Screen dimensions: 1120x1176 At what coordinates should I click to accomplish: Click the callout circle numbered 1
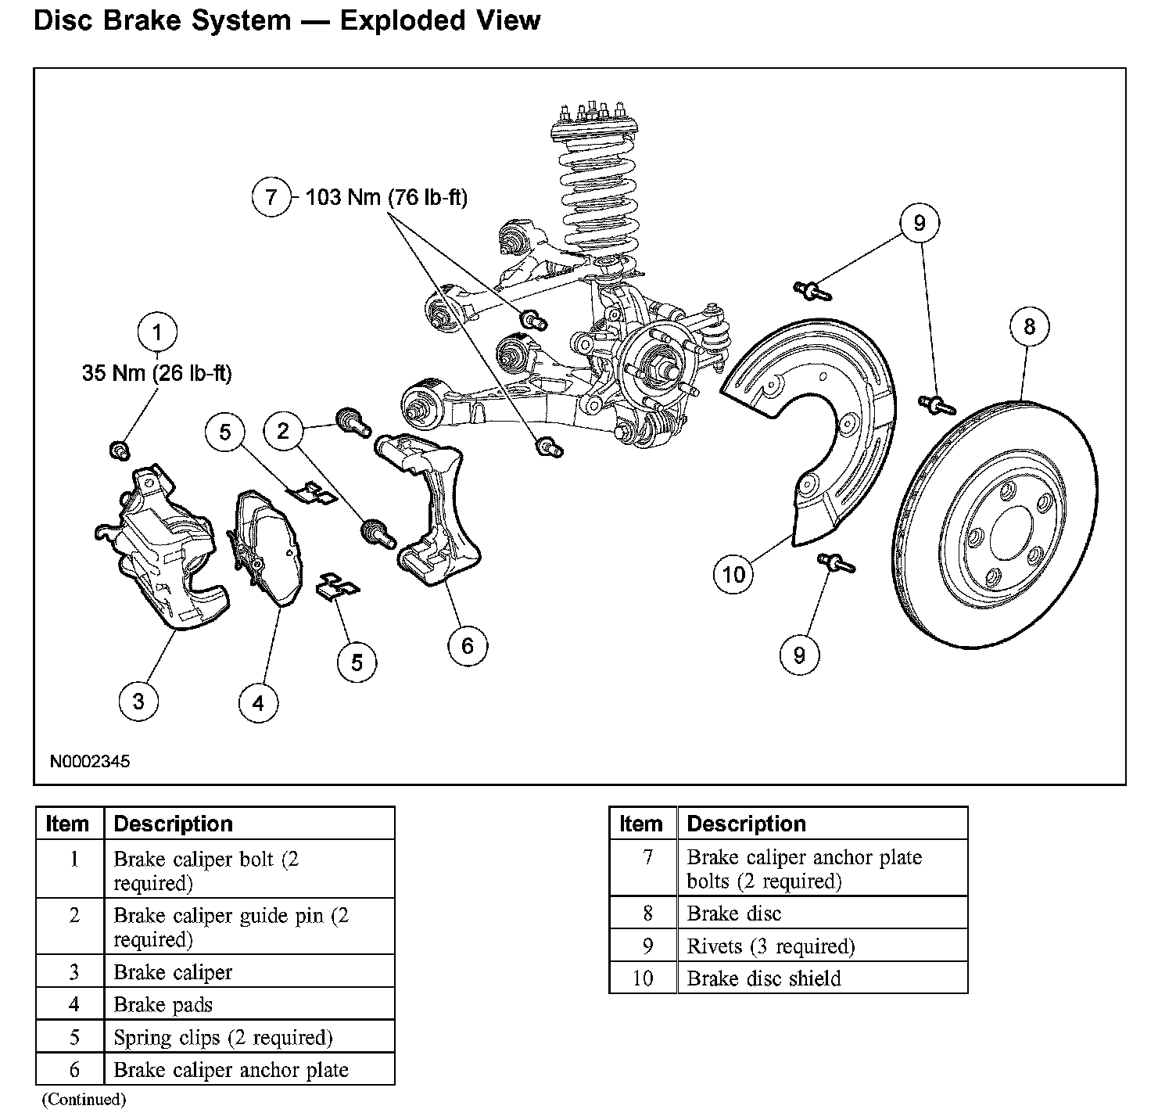pos(157,333)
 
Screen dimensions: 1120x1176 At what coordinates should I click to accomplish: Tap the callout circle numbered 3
pos(138,700)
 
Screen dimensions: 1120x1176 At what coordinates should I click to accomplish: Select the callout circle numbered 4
pos(258,703)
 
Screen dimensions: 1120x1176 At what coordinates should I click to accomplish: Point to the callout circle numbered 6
pos(468,645)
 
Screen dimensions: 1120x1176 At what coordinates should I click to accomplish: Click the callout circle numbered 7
pos(271,196)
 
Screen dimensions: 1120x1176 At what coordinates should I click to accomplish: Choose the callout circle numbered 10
pos(733,575)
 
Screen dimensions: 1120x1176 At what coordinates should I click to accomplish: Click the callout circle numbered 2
pos(283,430)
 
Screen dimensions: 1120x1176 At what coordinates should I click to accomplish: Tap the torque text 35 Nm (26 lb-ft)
pos(157,373)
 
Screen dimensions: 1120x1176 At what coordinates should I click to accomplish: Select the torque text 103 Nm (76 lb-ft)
pos(386,197)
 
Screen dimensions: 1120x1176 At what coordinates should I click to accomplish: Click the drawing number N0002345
pos(90,761)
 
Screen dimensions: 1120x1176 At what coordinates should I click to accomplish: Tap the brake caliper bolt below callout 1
pos(119,450)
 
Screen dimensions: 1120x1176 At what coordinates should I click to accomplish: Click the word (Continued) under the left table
pos(84,1099)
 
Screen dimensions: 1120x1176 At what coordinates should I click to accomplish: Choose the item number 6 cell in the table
pos(74,1069)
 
